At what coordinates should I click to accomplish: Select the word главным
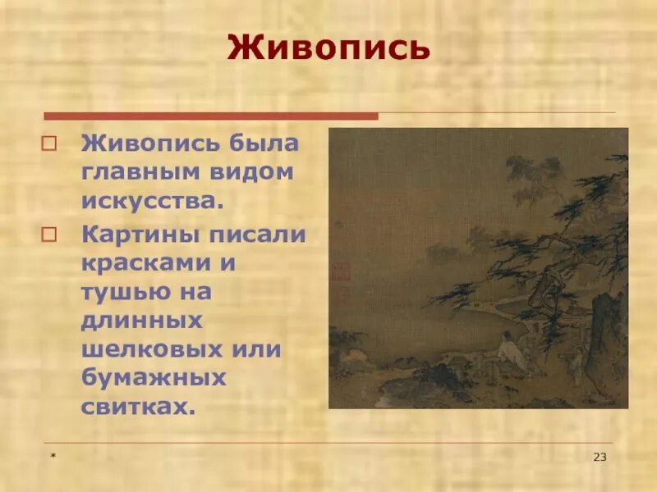click(137, 173)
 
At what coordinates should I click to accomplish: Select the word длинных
click(134, 321)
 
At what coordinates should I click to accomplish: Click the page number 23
click(600, 457)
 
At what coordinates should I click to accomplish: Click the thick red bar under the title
click(210, 116)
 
